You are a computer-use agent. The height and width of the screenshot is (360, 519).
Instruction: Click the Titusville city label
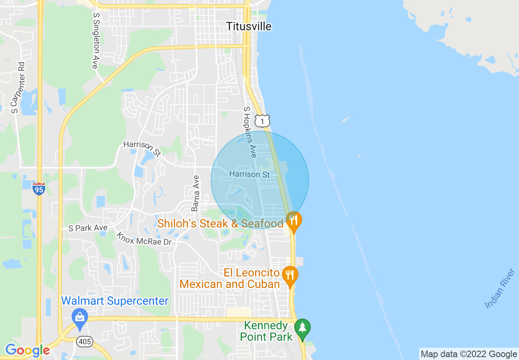click(249, 27)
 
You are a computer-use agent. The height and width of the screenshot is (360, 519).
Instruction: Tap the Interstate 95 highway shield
click(39, 189)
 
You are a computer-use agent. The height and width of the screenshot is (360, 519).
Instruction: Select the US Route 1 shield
click(262, 121)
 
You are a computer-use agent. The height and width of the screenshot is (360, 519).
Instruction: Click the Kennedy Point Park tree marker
click(302, 328)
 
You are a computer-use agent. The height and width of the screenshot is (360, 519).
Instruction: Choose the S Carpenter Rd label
click(18, 88)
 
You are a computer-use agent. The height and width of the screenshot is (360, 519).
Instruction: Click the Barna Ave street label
click(196, 193)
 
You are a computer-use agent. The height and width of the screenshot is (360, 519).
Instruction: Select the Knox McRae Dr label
click(144, 239)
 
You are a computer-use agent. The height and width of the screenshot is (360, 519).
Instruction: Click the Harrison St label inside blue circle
click(250, 174)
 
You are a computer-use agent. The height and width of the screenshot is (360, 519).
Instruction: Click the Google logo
click(27, 351)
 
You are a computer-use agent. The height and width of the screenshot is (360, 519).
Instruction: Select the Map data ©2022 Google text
click(469, 354)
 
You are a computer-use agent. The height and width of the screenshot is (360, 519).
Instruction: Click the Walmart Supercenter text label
click(115, 301)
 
